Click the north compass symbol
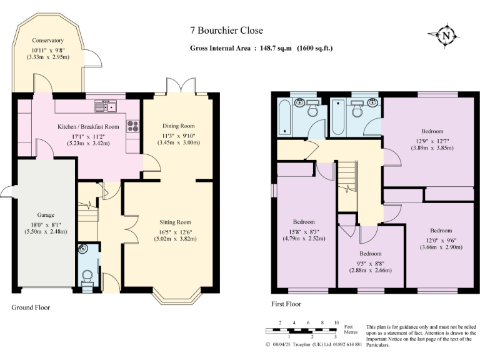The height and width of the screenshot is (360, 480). point(445,36)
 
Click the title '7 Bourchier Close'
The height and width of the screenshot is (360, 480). point(227,30)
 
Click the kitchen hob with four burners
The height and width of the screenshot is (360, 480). point(133,126)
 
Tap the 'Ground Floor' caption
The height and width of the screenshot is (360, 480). point(31,307)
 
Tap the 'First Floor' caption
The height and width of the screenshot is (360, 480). point(286,304)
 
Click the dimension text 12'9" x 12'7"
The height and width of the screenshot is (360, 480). point(432,140)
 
